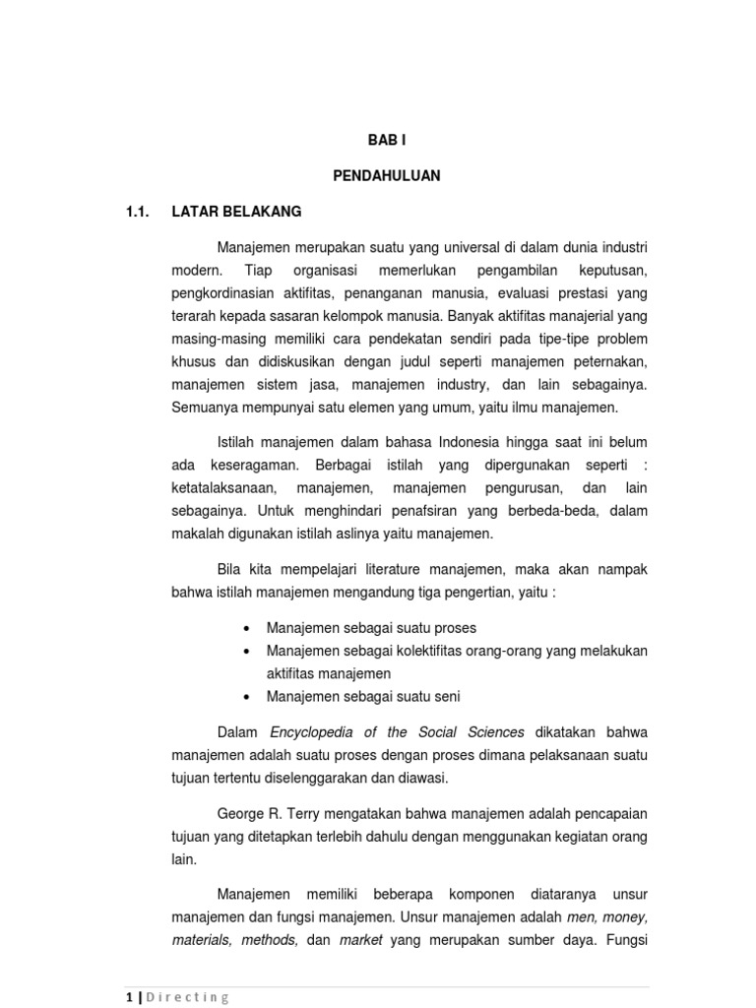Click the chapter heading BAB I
click(386, 141)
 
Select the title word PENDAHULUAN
click(386, 176)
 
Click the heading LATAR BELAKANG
click(236, 212)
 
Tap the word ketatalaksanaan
click(222, 488)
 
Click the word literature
click(396, 570)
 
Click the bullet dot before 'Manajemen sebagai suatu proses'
click(244, 628)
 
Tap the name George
click(241, 814)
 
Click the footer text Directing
click(189, 996)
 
